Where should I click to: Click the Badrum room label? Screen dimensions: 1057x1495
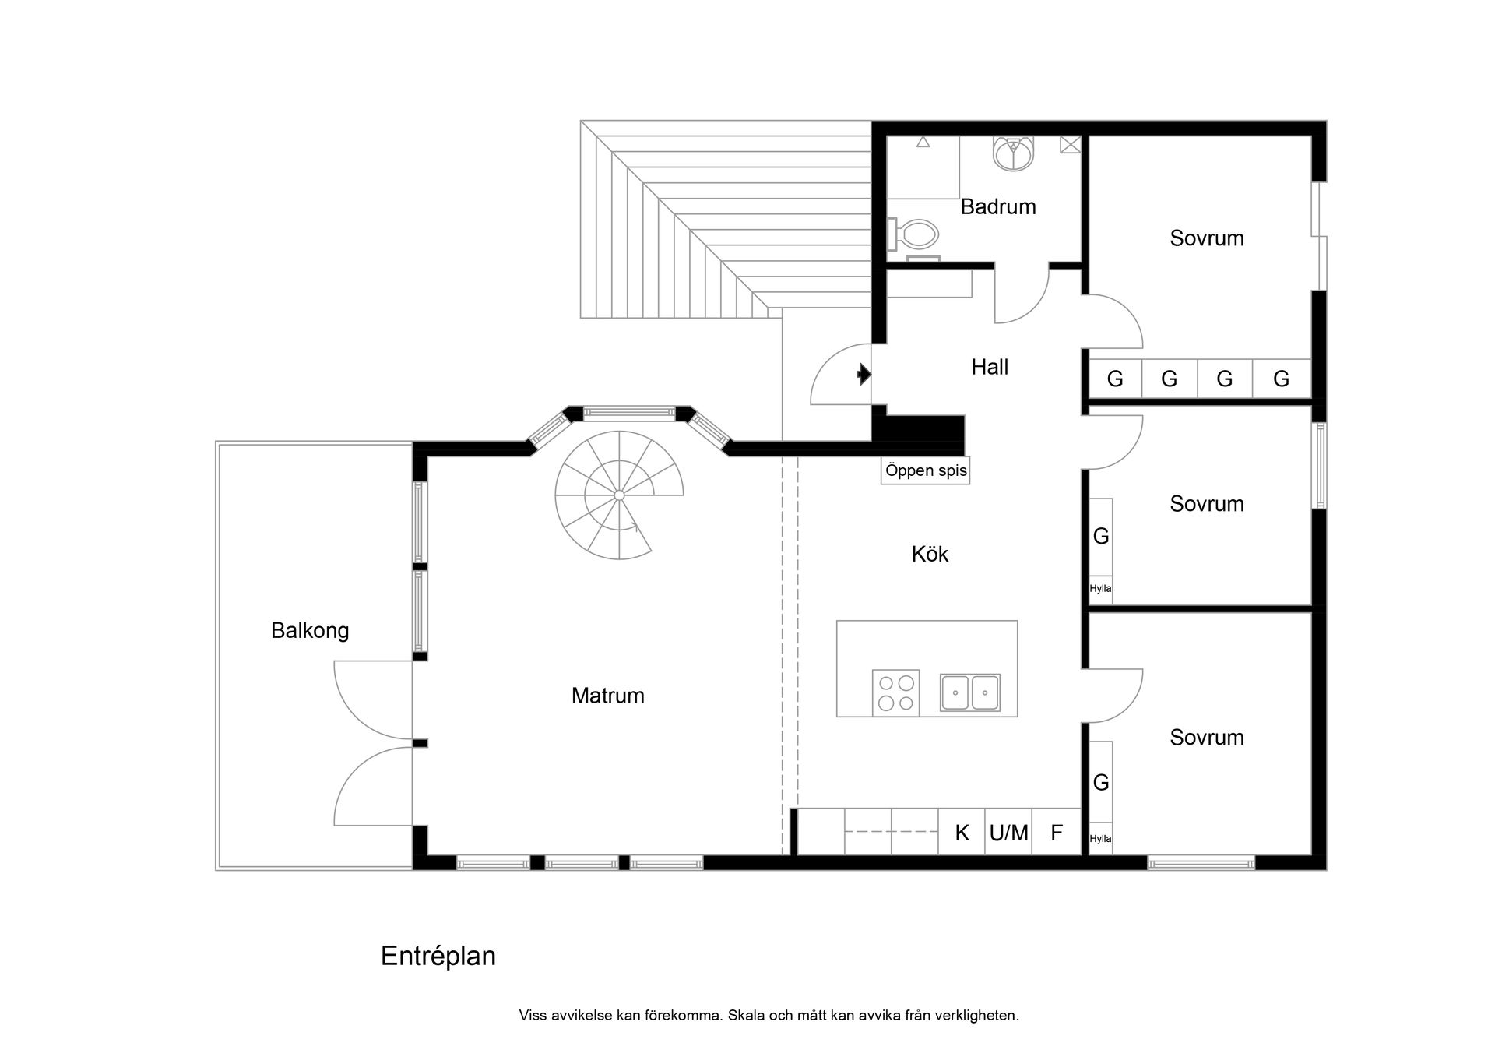pyautogui.click(x=997, y=207)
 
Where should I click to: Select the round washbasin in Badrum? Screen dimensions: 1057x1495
pyautogui.click(x=1013, y=153)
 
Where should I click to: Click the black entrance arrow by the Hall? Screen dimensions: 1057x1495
pyautogui.click(x=863, y=375)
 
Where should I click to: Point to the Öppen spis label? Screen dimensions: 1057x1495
pyautogui.click(x=925, y=471)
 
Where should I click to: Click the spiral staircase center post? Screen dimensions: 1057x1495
pyautogui.click(x=619, y=495)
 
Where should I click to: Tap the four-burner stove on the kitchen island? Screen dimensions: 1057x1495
pyautogui.click(x=895, y=692)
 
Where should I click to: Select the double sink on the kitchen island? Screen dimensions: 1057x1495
pyautogui.click(x=969, y=692)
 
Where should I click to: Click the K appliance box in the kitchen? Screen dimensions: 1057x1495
pyautogui.click(x=962, y=833)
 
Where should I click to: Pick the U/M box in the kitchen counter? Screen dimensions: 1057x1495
pyautogui.click(x=1008, y=833)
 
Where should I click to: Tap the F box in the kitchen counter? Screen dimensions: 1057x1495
pyautogui.click(x=1057, y=833)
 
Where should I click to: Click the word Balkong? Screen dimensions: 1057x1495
pyautogui.click(x=310, y=630)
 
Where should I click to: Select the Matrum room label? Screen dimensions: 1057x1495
pyautogui.click(x=607, y=696)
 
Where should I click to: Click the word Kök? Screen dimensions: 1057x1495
pyautogui.click(x=930, y=555)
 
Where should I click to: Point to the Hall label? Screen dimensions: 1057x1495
pyautogui.click(x=989, y=367)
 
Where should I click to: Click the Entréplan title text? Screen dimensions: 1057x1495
pyautogui.click(x=438, y=956)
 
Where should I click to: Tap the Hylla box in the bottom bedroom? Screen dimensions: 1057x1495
pyautogui.click(x=1100, y=839)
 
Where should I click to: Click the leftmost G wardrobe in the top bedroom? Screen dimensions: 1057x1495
pyautogui.click(x=1115, y=379)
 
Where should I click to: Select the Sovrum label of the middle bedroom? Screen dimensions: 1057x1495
pyautogui.click(x=1206, y=504)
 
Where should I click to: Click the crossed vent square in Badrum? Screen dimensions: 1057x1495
pyautogui.click(x=1070, y=144)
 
